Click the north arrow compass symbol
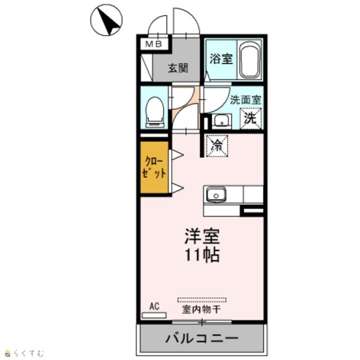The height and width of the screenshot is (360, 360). [x=106, y=20]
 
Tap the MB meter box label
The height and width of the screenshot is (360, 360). [x=154, y=44]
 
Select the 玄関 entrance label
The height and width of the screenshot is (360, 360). [x=178, y=68]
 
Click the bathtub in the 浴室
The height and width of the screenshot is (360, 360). [x=250, y=60]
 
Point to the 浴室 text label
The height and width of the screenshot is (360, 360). [x=221, y=58]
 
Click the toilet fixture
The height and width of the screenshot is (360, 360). [x=155, y=112]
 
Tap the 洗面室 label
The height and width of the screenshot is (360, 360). [x=246, y=100]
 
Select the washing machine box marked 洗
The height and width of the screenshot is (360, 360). [x=251, y=118]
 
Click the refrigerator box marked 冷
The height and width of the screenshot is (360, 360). [x=217, y=146]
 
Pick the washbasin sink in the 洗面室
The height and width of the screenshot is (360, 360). [x=222, y=121]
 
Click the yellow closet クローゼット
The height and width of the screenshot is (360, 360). [x=154, y=167]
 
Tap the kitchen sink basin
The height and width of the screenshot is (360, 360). [x=216, y=195]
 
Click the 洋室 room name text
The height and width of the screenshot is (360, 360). [x=202, y=236]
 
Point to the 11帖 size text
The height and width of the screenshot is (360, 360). [x=202, y=255]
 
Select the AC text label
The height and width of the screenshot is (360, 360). [x=154, y=307]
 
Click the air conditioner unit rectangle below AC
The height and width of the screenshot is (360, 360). [x=154, y=315]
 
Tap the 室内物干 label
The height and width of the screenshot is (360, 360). [x=201, y=309]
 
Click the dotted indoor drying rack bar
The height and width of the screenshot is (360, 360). [x=202, y=300]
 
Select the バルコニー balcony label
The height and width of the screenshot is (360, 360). [x=202, y=338]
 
